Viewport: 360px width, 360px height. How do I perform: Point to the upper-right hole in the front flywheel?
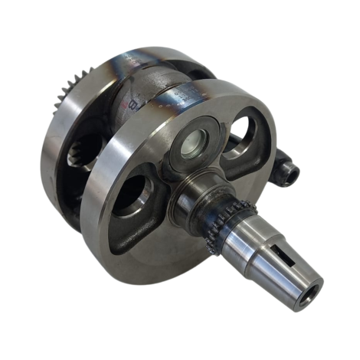pyautogui.click(x=244, y=133)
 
